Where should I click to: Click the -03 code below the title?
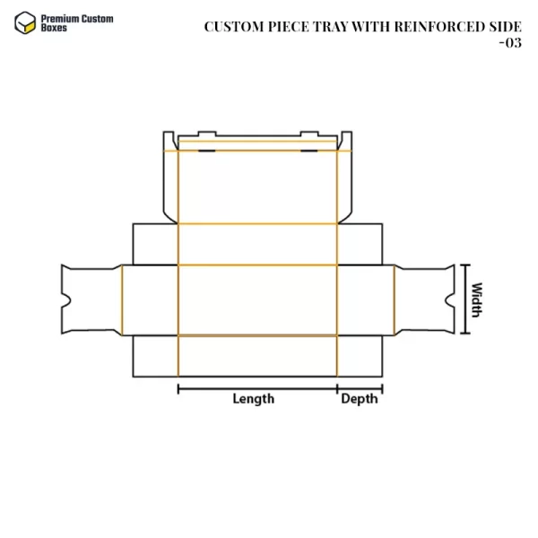click(x=509, y=42)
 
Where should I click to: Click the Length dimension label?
click(x=254, y=399)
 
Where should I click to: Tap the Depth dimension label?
click(x=360, y=399)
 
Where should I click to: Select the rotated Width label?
click(x=477, y=299)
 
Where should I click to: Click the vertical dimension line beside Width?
click(x=464, y=299)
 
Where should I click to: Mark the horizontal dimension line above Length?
click(x=257, y=388)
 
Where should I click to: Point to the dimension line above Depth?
click(x=360, y=388)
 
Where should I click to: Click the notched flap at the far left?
click(x=90, y=299)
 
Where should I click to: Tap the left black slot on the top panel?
click(x=206, y=151)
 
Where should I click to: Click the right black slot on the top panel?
click(x=309, y=151)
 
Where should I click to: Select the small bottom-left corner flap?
click(x=155, y=355)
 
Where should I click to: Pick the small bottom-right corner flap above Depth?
click(x=360, y=355)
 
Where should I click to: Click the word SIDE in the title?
click(x=503, y=26)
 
